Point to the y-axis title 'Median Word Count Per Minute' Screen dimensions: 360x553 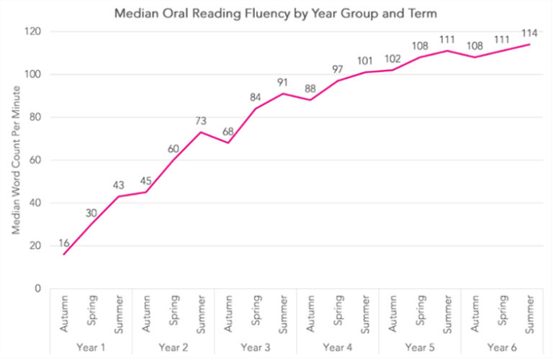point(15,161)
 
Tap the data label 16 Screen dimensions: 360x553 point(63,243)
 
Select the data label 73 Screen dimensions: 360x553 point(201,122)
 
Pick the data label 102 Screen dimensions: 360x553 point(393,58)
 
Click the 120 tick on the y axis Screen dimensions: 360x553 point(32,32)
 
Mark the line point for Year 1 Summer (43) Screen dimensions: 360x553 point(118,197)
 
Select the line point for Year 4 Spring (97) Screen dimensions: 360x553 point(338,81)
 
